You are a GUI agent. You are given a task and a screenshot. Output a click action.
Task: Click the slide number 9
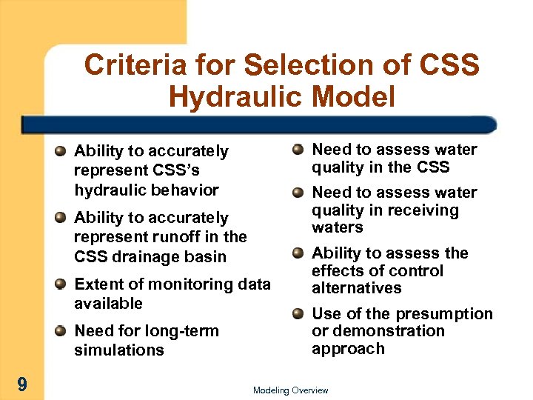[x=23, y=384]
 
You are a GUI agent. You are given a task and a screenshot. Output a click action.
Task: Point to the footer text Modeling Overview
[x=290, y=390]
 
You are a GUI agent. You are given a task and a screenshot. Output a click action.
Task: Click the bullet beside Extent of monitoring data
[x=59, y=284]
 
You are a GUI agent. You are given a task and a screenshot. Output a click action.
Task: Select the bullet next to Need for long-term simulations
[x=59, y=331]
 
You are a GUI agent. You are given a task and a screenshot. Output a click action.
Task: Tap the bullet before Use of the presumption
[x=297, y=313]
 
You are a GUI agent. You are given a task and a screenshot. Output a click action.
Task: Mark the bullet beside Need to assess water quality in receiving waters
[x=297, y=193]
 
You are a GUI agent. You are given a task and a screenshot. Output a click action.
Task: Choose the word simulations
[x=118, y=350]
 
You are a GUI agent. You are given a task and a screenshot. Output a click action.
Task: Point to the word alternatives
[x=356, y=288]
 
